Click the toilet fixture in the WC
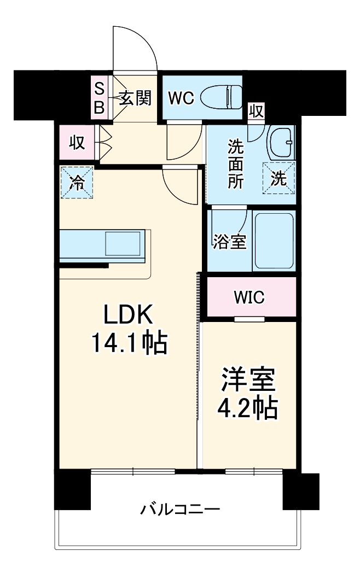(221, 98)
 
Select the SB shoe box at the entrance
(99, 98)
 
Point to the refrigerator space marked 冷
(77, 183)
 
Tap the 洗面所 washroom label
(236, 164)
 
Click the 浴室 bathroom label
(230, 241)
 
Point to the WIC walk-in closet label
(249, 297)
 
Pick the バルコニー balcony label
(180, 511)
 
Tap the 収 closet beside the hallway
(76, 143)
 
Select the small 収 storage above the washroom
(256, 111)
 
